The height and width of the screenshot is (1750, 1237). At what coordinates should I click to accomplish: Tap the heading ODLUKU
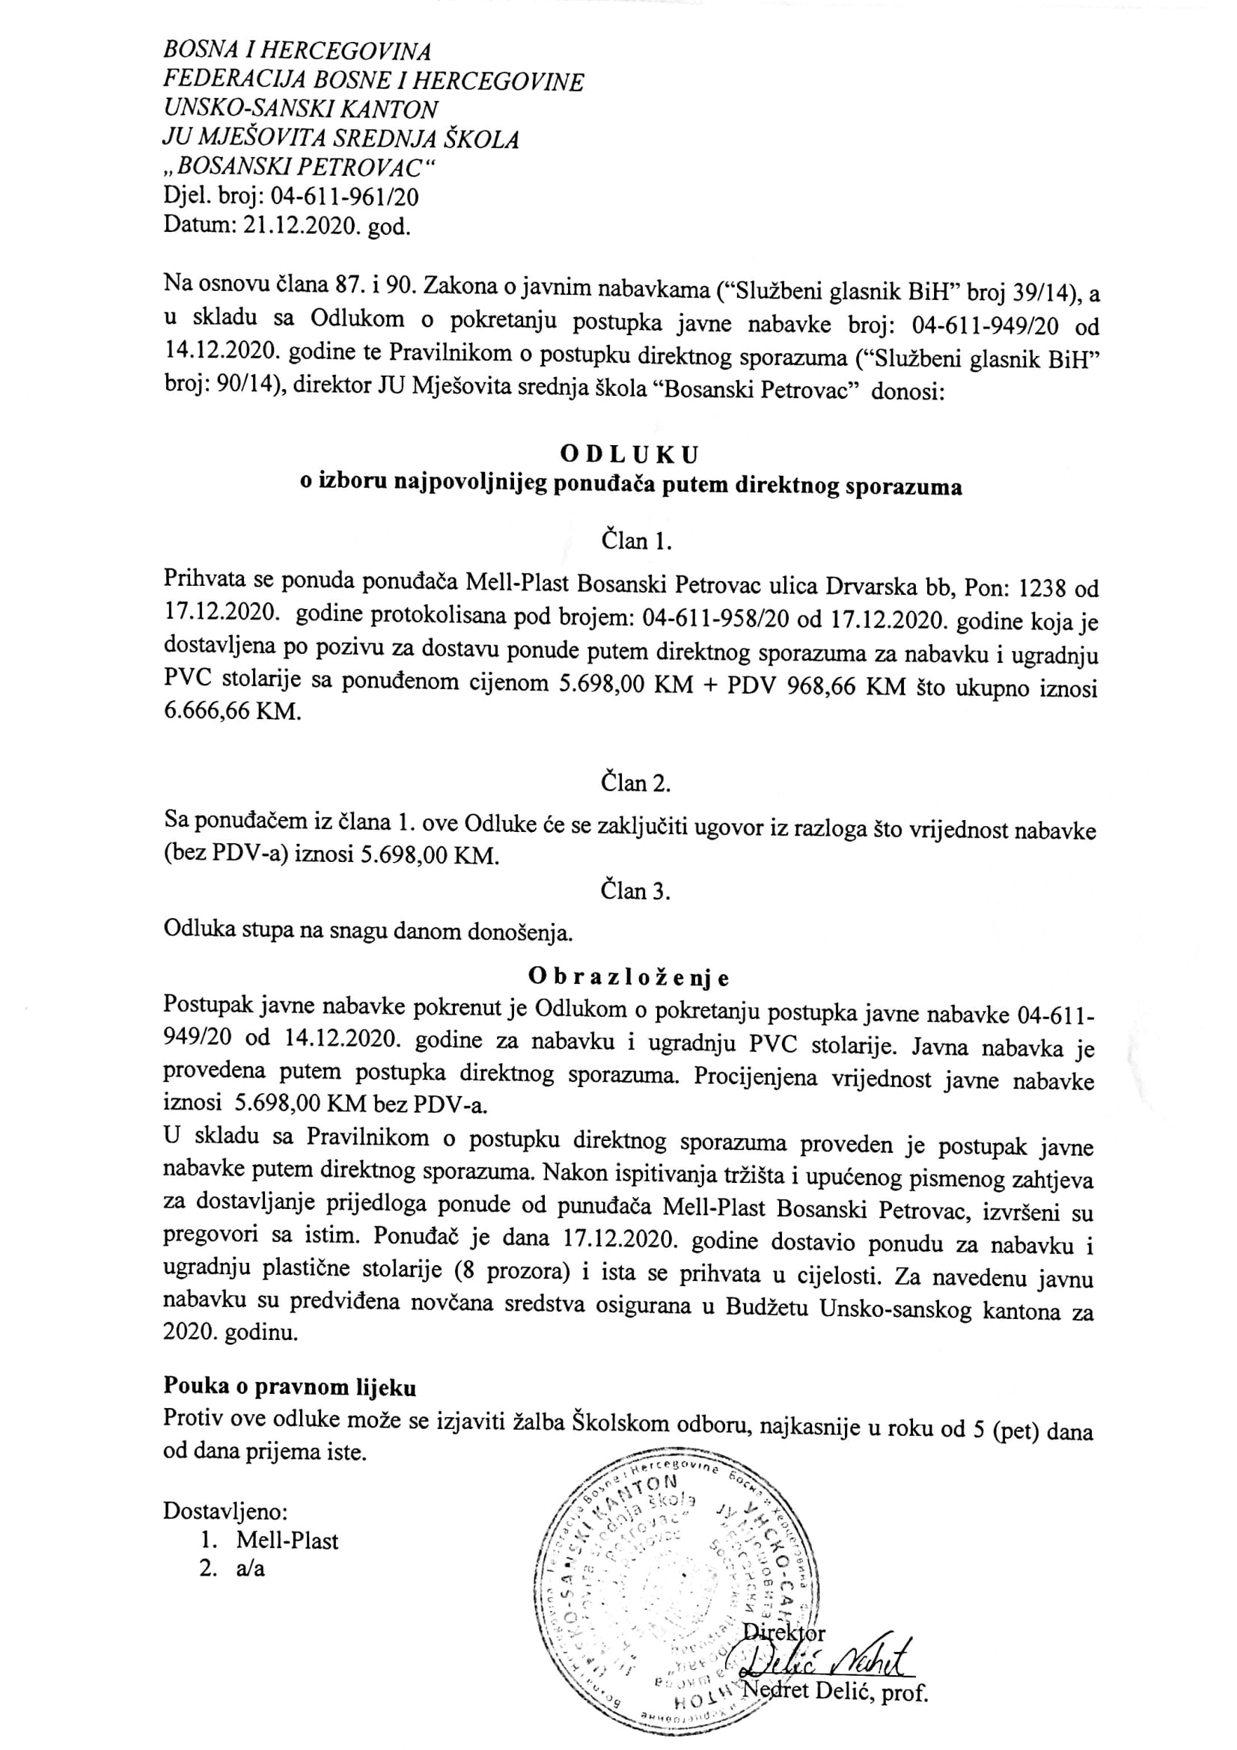[x=629, y=455]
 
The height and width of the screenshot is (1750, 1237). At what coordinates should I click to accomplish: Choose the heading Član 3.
[x=635, y=890]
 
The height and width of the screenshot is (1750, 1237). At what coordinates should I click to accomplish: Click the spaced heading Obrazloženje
[x=629, y=976]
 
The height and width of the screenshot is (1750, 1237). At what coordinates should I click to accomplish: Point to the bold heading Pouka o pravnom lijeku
[x=290, y=1387]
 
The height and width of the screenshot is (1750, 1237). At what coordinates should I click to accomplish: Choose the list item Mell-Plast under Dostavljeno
[x=287, y=1541]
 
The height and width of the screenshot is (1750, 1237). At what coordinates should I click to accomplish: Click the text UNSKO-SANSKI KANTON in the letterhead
[x=300, y=110]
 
